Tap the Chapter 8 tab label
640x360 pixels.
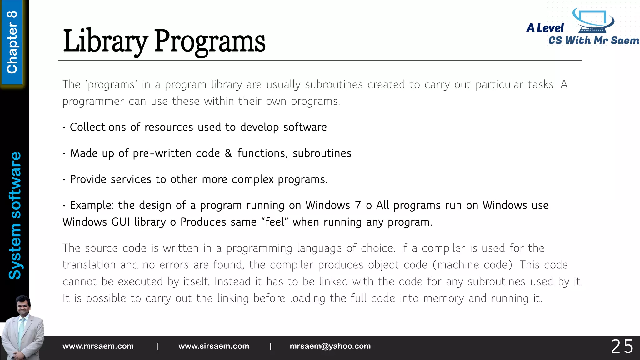pos(12,42)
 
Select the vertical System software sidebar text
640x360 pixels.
pos(15,215)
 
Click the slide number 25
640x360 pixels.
pos(622,347)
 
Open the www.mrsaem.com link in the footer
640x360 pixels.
pos(98,346)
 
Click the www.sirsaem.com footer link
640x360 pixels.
pos(214,346)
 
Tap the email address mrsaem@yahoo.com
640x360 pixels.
pos(330,346)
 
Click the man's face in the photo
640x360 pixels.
pos(23,306)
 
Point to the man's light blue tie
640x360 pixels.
pos(21,331)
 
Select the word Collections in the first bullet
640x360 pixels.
pos(97,127)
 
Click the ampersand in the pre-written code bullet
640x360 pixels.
pos(228,153)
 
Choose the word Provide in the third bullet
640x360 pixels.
pos(88,179)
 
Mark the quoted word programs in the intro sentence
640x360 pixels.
pos(111,85)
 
